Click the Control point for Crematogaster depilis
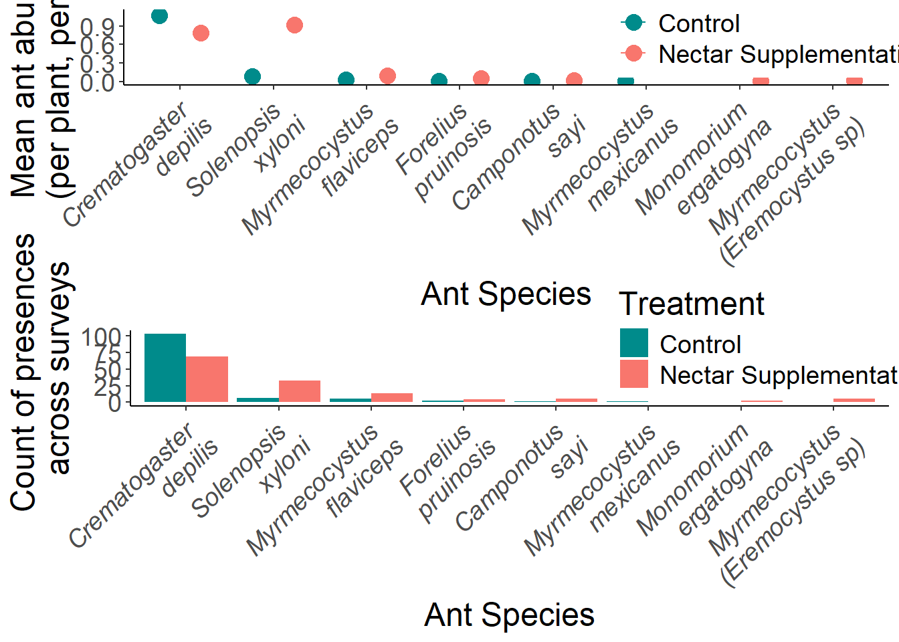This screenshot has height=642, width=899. (159, 15)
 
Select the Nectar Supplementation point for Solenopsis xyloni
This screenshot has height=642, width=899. (294, 25)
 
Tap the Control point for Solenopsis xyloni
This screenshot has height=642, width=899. (252, 76)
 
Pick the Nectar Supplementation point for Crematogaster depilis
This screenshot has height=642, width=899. (201, 33)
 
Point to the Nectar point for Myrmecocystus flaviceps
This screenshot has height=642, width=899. (387, 76)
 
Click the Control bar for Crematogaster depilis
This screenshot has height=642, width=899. (165, 368)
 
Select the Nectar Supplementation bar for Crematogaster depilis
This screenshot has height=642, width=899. (207, 379)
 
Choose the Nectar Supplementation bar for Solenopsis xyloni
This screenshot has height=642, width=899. (300, 391)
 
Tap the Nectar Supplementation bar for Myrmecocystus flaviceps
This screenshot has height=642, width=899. (392, 397)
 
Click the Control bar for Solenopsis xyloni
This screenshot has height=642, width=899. (258, 400)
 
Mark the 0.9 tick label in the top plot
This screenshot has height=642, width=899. (98, 27)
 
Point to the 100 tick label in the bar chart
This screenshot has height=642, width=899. (101, 336)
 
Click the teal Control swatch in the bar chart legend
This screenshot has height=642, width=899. (633, 343)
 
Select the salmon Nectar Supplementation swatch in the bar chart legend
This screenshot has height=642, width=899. (633, 374)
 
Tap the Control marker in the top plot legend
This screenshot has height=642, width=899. (633, 23)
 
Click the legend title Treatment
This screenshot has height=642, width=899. (692, 304)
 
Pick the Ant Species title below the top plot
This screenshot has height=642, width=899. (506, 294)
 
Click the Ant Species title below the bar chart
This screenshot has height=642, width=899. (509, 615)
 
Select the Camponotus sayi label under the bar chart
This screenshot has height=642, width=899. (522, 478)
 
